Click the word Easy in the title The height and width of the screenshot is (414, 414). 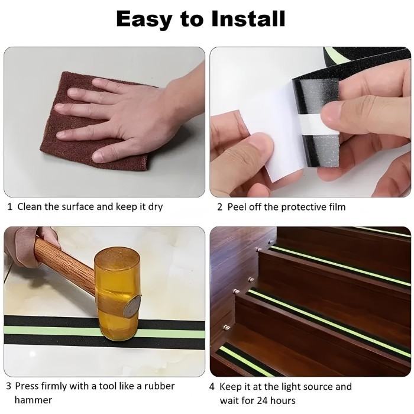[145, 20]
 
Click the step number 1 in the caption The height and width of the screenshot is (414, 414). [9, 207]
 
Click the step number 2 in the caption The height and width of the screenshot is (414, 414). [219, 207]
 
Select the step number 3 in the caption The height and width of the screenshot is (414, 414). [9, 386]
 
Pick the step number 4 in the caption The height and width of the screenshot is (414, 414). [212, 387]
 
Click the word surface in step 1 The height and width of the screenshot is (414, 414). [77, 207]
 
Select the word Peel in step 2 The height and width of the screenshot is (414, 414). [237, 207]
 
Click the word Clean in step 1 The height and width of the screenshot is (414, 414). [29, 207]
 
